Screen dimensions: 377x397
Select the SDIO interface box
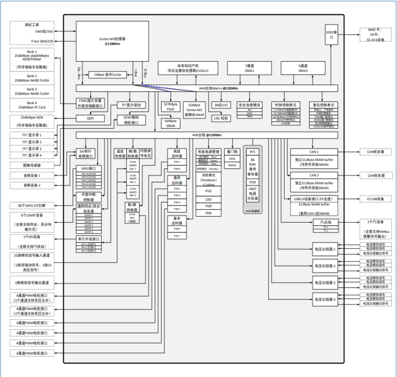[332, 35]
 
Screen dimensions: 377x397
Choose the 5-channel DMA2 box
[303, 69]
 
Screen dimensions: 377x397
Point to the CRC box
[221, 118]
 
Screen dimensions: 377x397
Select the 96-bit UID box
[221, 105]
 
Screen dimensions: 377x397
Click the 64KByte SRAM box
[170, 124]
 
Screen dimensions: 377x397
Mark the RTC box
[253, 152]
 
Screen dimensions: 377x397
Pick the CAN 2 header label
[313, 176]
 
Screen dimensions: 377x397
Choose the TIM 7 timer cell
[176, 235]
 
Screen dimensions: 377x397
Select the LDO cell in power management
[208, 199]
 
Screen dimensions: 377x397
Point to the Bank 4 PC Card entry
[32, 105]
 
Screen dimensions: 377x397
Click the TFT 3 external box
[32, 149]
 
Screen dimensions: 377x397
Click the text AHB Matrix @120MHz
[218, 88]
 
